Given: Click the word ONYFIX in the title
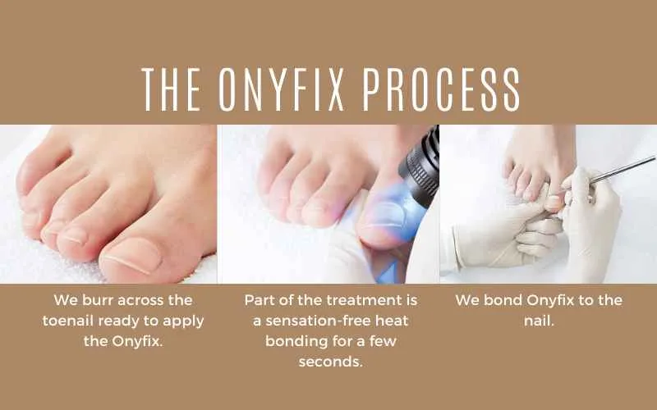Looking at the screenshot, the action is pos(281,89).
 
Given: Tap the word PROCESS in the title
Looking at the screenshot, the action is pos(441,89).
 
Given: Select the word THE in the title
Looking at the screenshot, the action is pos(171,89).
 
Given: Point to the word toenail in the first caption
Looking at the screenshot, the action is pos(68,321).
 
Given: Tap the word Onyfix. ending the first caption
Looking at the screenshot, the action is pos(137,342).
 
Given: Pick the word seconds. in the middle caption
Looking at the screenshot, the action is pos(331,362).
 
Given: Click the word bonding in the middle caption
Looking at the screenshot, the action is pos(296,341).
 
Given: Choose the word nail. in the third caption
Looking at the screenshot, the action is pos(540,321).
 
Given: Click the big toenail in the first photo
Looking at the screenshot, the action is pos(132,254).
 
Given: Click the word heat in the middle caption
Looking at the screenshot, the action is pos(392,321).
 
